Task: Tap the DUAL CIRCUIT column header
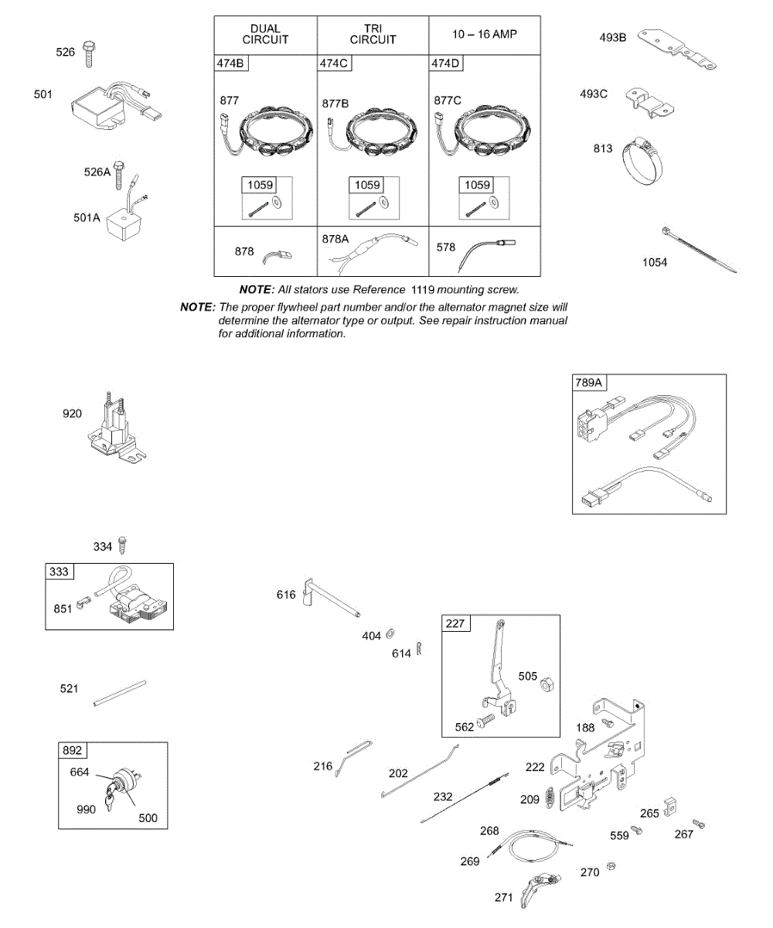click(x=265, y=34)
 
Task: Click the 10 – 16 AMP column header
click(x=485, y=35)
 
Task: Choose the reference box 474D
click(x=446, y=64)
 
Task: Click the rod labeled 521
click(x=119, y=692)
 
